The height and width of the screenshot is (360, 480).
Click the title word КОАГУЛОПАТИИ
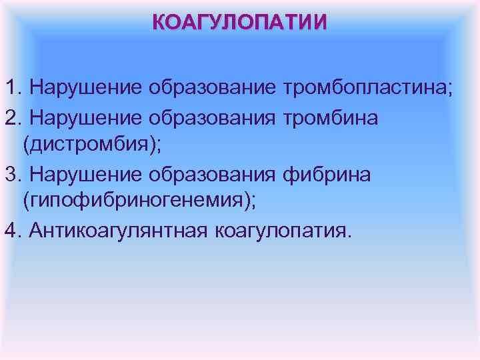[x=240, y=23]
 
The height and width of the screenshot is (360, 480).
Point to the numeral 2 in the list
[x=10, y=117]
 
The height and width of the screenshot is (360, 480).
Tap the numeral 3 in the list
[x=10, y=174]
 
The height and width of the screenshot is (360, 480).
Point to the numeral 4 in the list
[x=10, y=231]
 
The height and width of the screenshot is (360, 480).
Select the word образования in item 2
[x=214, y=117]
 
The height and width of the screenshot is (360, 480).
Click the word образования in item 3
[x=214, y=174]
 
